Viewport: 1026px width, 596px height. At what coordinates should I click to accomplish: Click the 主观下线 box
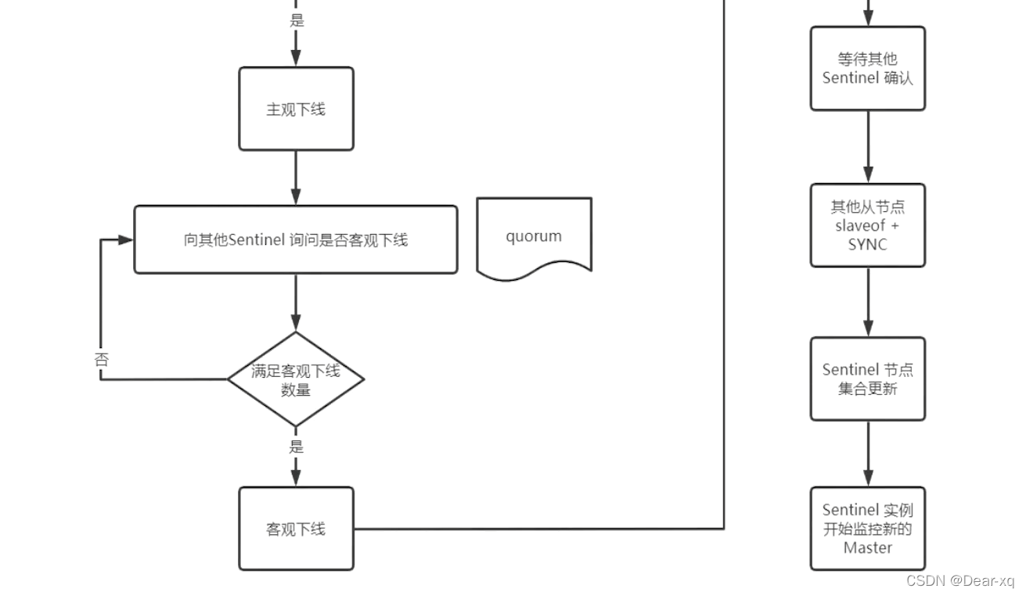coord(296,109)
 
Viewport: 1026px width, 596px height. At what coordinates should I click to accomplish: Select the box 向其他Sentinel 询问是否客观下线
coord(296,239)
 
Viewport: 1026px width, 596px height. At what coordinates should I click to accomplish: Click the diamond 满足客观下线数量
coord(296,379)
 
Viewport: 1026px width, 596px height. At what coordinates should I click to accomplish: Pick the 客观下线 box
coord(296,529)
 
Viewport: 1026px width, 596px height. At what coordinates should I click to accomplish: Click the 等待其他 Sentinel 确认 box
coord(867,69)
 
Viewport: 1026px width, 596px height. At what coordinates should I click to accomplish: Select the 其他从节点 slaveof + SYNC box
coord(867,225)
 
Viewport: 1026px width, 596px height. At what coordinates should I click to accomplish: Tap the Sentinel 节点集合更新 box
coord(867,379)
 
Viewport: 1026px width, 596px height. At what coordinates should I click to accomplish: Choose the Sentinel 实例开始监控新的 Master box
coord(867,529)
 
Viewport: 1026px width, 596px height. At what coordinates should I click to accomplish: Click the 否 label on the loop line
coord(101,360)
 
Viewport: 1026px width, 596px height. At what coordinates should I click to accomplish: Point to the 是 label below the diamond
coord(296,447)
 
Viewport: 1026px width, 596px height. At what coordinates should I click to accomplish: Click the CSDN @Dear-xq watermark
coord(959,580)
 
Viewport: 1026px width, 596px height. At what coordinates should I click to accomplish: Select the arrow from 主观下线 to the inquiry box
coord(296,178)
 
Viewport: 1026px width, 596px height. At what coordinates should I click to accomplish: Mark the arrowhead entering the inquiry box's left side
coord(126,239)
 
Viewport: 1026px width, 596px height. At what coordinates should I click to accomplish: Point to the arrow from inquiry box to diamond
coord(296,302)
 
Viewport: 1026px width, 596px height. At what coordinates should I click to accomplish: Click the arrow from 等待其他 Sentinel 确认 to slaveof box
coord(867,147)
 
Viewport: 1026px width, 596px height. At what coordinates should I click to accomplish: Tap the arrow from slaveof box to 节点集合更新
coord(867,302)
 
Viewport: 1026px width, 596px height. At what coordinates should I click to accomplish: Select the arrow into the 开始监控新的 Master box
coord(867,454)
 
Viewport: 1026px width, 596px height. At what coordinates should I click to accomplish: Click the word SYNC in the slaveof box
coord(867,244)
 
